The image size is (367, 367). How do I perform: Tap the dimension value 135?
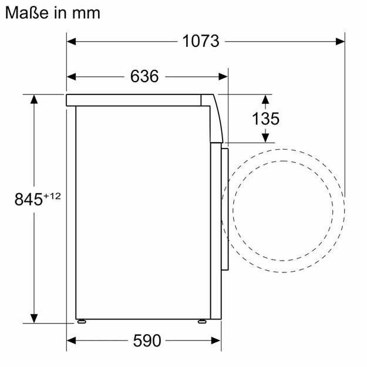coord(265,118)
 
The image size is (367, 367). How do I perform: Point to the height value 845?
coord(29,199)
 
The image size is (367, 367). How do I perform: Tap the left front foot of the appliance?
coord(82,321)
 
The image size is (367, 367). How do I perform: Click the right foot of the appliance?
coord(203,321)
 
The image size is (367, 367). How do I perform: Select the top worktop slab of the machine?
coord(138,100)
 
